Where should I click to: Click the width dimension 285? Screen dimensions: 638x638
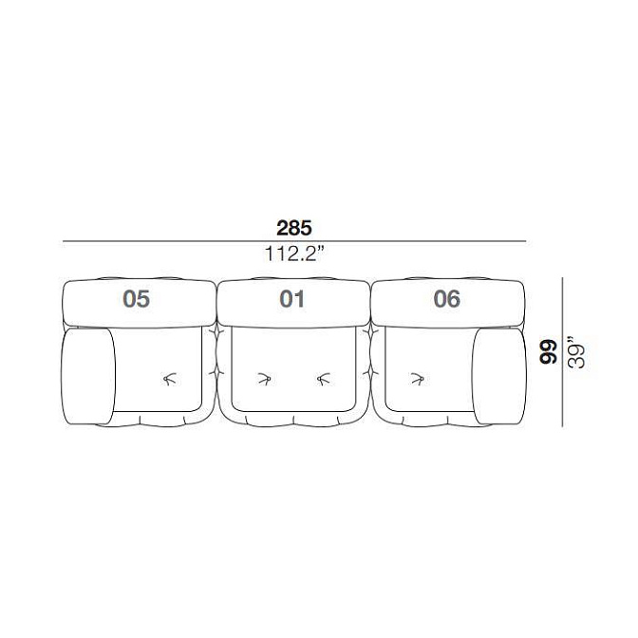coord(293,228)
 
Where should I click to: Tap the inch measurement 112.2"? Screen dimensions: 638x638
coord(294,253)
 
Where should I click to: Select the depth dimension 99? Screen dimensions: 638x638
coord(548,351)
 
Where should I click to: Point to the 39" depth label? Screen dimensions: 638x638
coord(576,352)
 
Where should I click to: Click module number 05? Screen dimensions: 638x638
coord(137,299)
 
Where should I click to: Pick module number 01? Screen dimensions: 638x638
coord(291,299)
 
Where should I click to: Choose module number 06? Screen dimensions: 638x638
coord(447,299)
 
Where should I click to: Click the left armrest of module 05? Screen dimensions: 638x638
coord(88,376)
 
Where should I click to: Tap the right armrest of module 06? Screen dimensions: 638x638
coord(499,376)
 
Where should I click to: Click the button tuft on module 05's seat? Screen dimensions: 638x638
coord(171,379)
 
